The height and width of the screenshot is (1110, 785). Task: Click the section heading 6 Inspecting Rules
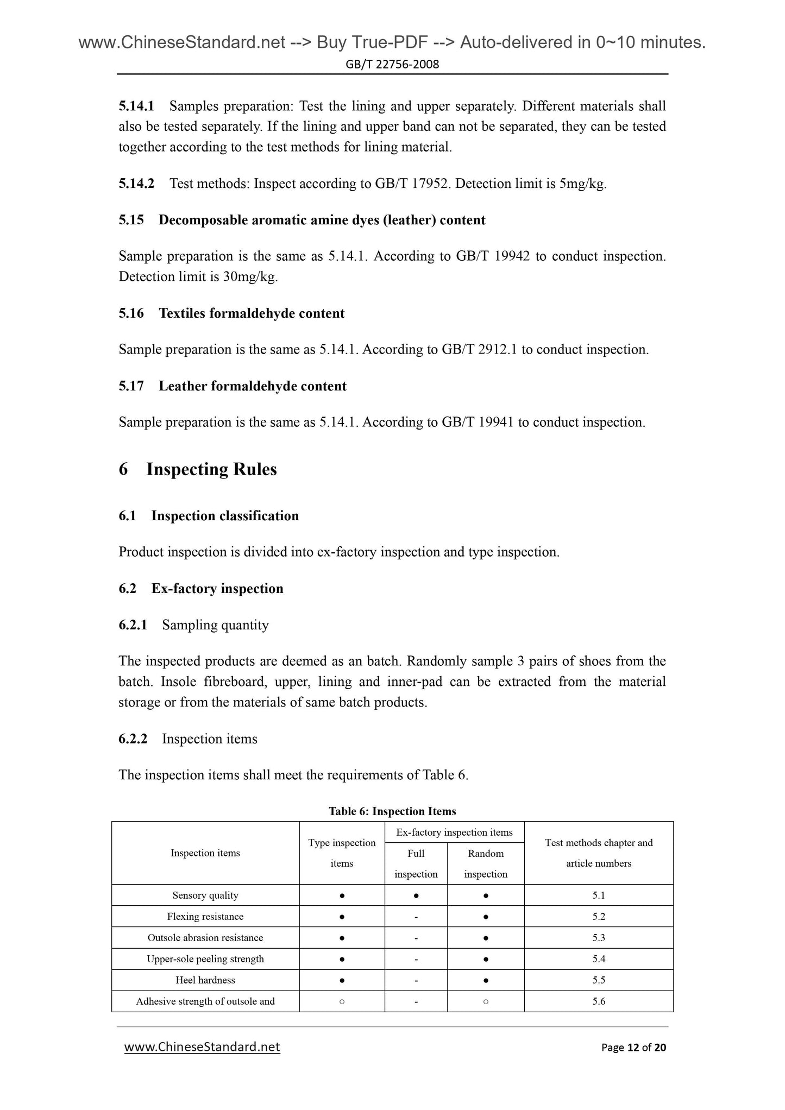click(211, 469)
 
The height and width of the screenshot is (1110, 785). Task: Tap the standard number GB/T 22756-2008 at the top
click(392, 65)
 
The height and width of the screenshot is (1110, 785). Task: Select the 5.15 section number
click(131, 220)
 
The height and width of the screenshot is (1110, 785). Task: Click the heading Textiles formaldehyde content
click(252, 313)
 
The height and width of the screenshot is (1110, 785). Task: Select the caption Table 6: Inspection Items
click(392, 811)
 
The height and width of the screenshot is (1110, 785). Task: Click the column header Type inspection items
click(342, 853)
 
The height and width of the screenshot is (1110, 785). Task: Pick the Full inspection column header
click(416, 863)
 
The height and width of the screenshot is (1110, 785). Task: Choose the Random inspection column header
click(486, 863)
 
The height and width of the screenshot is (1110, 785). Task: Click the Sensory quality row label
click(205, 895)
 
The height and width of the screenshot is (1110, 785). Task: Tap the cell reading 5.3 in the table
click(599, 937)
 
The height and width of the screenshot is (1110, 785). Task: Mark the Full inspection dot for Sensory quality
click(416, 895)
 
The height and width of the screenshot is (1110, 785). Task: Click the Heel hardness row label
click(205, 980)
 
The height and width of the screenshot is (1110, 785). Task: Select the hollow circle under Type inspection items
click(342, 1001)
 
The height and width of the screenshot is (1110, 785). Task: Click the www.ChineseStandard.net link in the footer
click(202, 1047)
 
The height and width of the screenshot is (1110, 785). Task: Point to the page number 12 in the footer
click(632, 1048)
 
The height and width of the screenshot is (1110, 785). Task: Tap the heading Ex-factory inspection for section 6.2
click(217, 589)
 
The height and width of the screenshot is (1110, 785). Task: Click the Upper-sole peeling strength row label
click(205, 958)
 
